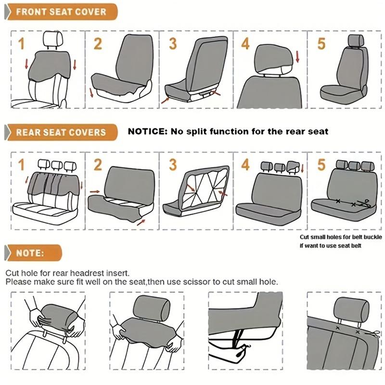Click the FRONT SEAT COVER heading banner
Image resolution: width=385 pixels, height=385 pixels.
pyautogui.click(x=60, y=11)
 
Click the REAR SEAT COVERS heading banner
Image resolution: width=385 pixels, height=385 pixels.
pyautogui.click(x=60, y=131)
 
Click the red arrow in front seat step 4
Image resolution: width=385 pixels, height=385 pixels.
pyautogui.click(x=297, y=58)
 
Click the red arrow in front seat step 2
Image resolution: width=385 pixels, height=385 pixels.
pyautogui.click(x=91, y=92)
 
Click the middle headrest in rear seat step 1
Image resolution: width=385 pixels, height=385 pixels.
pyautogui.click(x=57, y=165)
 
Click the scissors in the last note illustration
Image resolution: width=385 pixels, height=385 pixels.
pyautogui.click(x=373, y=334)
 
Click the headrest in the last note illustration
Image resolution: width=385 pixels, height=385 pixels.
pyautogui.click(x=351, y=308)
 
